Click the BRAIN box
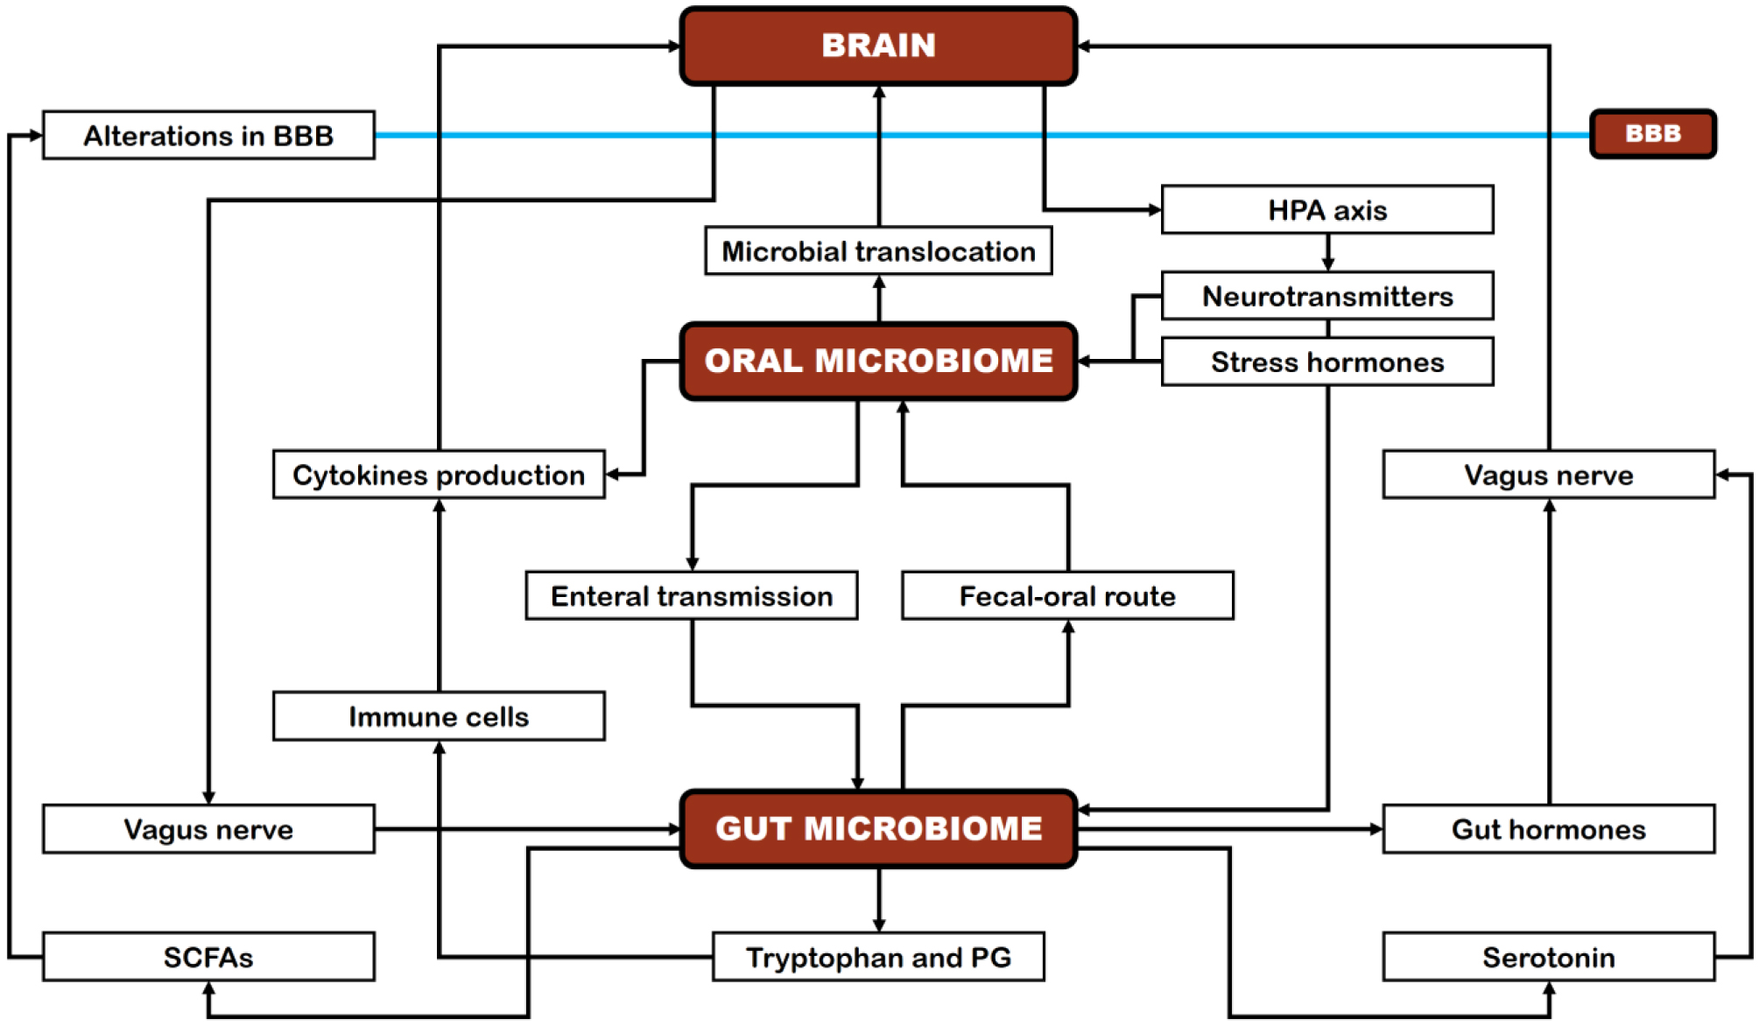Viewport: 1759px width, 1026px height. [878, 46]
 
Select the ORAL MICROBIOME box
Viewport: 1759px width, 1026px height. [878, 361]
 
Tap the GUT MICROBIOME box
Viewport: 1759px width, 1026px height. [878, 828]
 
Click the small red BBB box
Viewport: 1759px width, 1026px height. [1652, 134]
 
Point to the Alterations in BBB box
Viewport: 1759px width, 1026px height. [208, 136]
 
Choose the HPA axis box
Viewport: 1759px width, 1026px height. [1326, 210]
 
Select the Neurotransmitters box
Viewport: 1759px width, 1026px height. [1326, 296]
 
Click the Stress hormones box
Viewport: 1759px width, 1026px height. [1326, 362]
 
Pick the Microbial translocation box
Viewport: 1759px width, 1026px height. [878, 251]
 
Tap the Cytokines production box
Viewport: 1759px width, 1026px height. [439, 474]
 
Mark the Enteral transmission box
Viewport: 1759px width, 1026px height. [691, 596]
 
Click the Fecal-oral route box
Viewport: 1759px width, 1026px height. [1067, 596]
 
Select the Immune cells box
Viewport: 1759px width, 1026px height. [439, 716]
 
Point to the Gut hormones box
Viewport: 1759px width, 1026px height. [1548, 828]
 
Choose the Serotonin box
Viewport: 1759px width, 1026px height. [1548, 957]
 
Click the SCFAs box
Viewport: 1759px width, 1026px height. [208, 957]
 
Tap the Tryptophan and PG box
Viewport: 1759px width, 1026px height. [878, 957]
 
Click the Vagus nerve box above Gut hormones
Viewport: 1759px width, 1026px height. [1548, 474]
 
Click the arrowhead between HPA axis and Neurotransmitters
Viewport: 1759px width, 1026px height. [1327, 264]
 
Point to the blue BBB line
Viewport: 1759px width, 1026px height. [1313, 136]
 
